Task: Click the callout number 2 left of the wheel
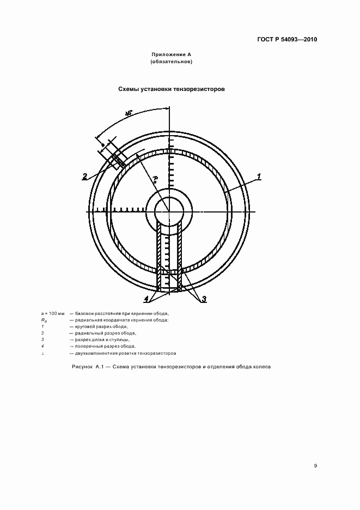click(x=85, y=176)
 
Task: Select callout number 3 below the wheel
click(x=203, y=299)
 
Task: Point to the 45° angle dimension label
click(x=129, y=113)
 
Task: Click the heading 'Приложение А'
click(x=172, y=55)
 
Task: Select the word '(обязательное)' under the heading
click(x=172, y=62)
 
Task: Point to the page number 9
click(x=316, y=465)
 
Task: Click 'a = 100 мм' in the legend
click(x=52, y=314)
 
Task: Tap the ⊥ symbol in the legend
click(x=43, y=353)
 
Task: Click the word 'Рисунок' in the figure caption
click(x=82, y=367)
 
